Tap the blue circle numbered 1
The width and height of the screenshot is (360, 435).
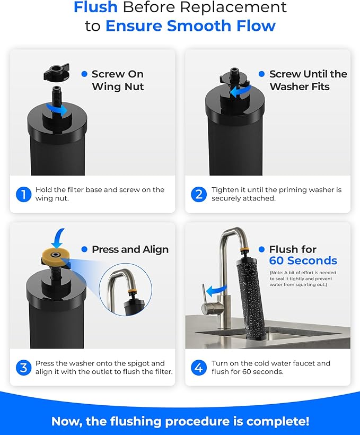(x=23, y=194)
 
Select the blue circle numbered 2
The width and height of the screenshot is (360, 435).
(x=199, y=194)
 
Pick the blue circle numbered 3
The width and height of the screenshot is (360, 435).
(x=23, y=368)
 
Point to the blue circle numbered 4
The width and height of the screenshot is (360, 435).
(x=199, y=368)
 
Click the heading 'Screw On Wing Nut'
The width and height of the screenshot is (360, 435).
(x=117, y=80)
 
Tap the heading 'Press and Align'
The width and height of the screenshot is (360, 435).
(x=130, y=249)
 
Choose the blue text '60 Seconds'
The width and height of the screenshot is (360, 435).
(x=303, y=260)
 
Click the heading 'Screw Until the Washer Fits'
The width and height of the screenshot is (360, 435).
(x=308, y=80)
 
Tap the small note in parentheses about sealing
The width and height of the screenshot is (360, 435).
(x=303, y=279)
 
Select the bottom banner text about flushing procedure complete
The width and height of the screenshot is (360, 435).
(x=180, y=421)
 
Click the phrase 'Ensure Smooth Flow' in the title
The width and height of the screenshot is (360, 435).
(x=190, y=25)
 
